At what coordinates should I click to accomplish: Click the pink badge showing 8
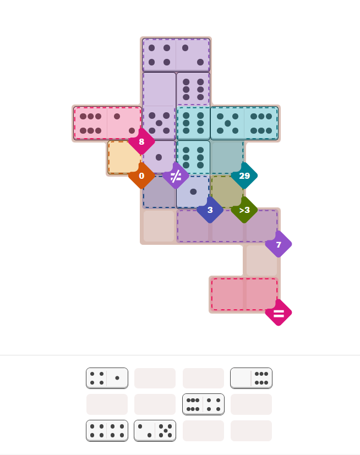point(141,141)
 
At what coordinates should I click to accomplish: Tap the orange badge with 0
point(141,176)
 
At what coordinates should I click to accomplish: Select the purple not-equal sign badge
point(176,176)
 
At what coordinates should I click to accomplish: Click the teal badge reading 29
point(244,176)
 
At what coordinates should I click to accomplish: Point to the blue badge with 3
point(210,210)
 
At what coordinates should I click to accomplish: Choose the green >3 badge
point(244,210)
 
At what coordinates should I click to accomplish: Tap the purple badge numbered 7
point(279,244)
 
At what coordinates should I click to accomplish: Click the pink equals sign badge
point(279,313)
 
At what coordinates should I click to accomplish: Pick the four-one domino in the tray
point(107,378)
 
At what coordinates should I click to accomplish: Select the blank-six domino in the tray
point(251,378)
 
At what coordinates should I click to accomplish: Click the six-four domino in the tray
point(203,404)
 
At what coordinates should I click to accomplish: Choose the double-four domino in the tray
point(107,431)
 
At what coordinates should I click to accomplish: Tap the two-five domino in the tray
point(155,431)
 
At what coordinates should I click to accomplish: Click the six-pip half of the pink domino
point(91,123)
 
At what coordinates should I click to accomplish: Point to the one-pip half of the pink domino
point(124,123)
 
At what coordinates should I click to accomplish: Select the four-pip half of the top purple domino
point(159,55)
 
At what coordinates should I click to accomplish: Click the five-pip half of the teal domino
point(227,123)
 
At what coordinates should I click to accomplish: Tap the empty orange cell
point(124,157)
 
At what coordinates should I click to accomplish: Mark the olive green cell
point(227,191)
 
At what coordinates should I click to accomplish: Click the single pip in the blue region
point(193,191)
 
